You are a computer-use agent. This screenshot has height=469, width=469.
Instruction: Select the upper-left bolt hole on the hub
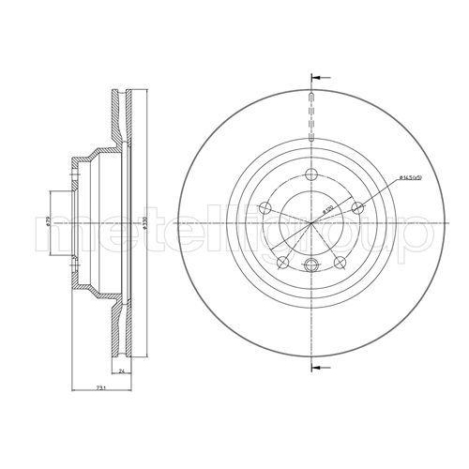pos(265,207)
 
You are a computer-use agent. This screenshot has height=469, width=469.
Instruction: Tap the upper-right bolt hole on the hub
pos(357,208)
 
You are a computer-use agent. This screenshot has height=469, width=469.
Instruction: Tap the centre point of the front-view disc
pos(310,225)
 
